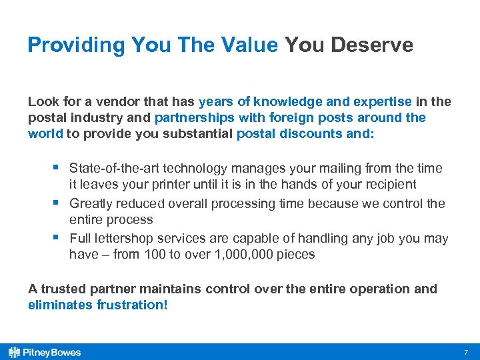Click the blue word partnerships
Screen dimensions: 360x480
pyautogui.click(x=194, y=117)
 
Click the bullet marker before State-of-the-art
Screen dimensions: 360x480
pyautogui.click(x=58, y=167)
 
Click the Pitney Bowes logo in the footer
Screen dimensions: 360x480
pyautogui.click(x=44, y=351)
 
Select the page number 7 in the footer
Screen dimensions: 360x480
pyautogui.click(x=466, y=351)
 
